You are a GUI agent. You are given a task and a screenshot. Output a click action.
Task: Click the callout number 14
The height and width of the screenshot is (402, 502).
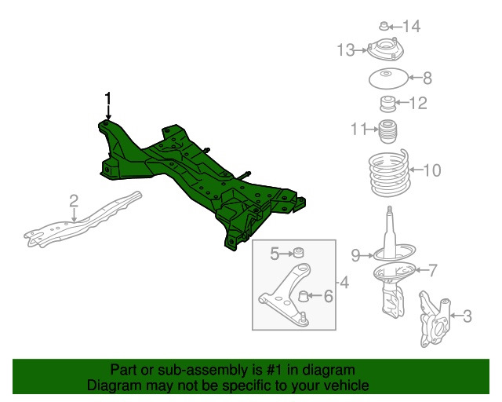(x=411, y=26)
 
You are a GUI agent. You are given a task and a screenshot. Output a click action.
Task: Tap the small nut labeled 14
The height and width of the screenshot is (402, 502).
(x=384, y=26)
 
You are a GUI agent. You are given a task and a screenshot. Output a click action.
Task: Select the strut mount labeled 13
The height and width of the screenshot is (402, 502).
(x=385, y=49)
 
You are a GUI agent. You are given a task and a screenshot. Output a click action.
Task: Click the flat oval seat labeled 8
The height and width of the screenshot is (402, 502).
(x=389, y=79)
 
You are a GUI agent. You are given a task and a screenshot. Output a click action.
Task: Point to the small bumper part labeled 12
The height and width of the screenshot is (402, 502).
(x=387, y=104)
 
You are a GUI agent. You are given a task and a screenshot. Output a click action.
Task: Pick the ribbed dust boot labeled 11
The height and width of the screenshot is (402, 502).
(x=388, y=132)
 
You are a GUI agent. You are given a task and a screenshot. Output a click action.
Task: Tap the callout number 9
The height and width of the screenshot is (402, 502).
(x=356, y=255)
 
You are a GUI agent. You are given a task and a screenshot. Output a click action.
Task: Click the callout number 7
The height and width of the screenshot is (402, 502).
(x=432, y=270)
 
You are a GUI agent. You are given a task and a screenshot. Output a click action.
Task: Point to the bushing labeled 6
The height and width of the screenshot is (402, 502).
(x=303, y=296)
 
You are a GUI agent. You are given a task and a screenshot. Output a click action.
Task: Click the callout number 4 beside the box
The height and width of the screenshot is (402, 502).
(x=344, y=283)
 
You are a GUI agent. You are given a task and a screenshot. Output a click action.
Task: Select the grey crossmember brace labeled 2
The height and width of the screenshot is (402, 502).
(x=83, y=221)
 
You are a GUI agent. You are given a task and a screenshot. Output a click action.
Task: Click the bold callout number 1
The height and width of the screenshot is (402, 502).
(x=108, y=99)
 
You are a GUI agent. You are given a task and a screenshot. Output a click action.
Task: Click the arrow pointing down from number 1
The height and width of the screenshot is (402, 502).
(x=108, y=112)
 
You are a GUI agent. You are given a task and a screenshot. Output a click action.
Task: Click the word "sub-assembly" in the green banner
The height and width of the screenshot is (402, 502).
(x=203, y=370)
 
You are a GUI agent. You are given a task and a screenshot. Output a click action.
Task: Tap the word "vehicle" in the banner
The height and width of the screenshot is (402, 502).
(x=348, y=386)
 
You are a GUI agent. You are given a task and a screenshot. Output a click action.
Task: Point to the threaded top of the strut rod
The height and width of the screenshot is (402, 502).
(x=390, y=211)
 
